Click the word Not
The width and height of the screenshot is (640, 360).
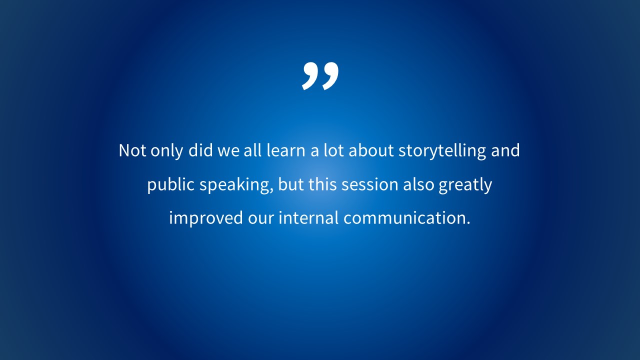point(132,150)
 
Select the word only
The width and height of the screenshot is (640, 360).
point(167,151)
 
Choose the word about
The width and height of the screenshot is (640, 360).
point(371,150)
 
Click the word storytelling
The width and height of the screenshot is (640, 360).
point(442,151)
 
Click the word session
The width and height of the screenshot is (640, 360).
point(370,184)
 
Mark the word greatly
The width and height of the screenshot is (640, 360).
point(465,185)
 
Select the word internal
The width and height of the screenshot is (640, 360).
point(308,217)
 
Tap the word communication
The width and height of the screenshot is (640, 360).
point(406,217)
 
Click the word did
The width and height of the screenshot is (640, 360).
point(200,150)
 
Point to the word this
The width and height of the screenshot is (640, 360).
point(322,184)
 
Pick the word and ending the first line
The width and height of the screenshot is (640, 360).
point(505,150)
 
